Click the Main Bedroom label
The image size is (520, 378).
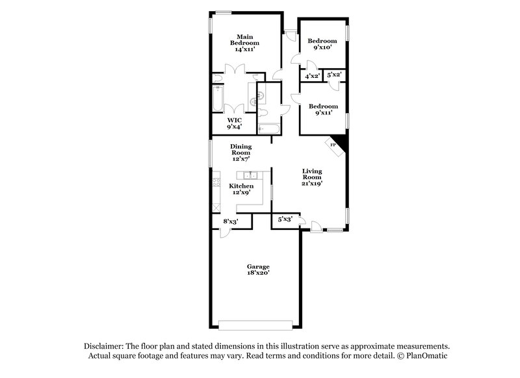pos(244,39)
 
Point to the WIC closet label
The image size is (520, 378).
pos(235,120)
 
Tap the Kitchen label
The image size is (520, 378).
pos(241,186)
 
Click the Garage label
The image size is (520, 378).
pos(257,267)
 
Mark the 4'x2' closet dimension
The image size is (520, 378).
pos(312,76)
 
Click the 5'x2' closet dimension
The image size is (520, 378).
pos(335,76)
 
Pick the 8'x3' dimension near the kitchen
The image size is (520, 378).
pos(231,222)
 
